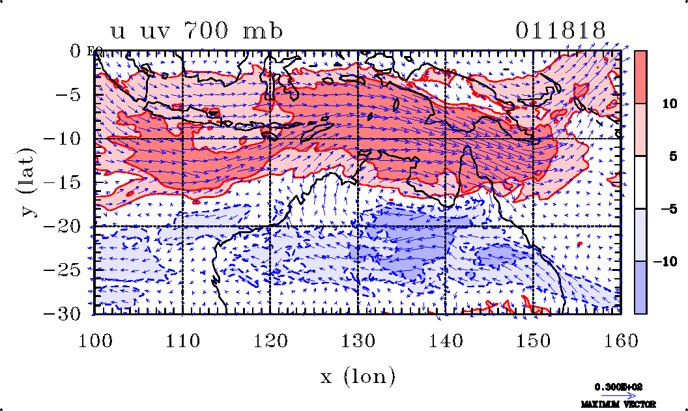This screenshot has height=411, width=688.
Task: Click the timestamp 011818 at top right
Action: coord(560,31)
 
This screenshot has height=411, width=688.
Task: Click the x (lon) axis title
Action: coord(357,376)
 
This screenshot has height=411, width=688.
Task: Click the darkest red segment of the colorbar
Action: coord(640,77)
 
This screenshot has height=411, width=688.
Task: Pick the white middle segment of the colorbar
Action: coord(640,182)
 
